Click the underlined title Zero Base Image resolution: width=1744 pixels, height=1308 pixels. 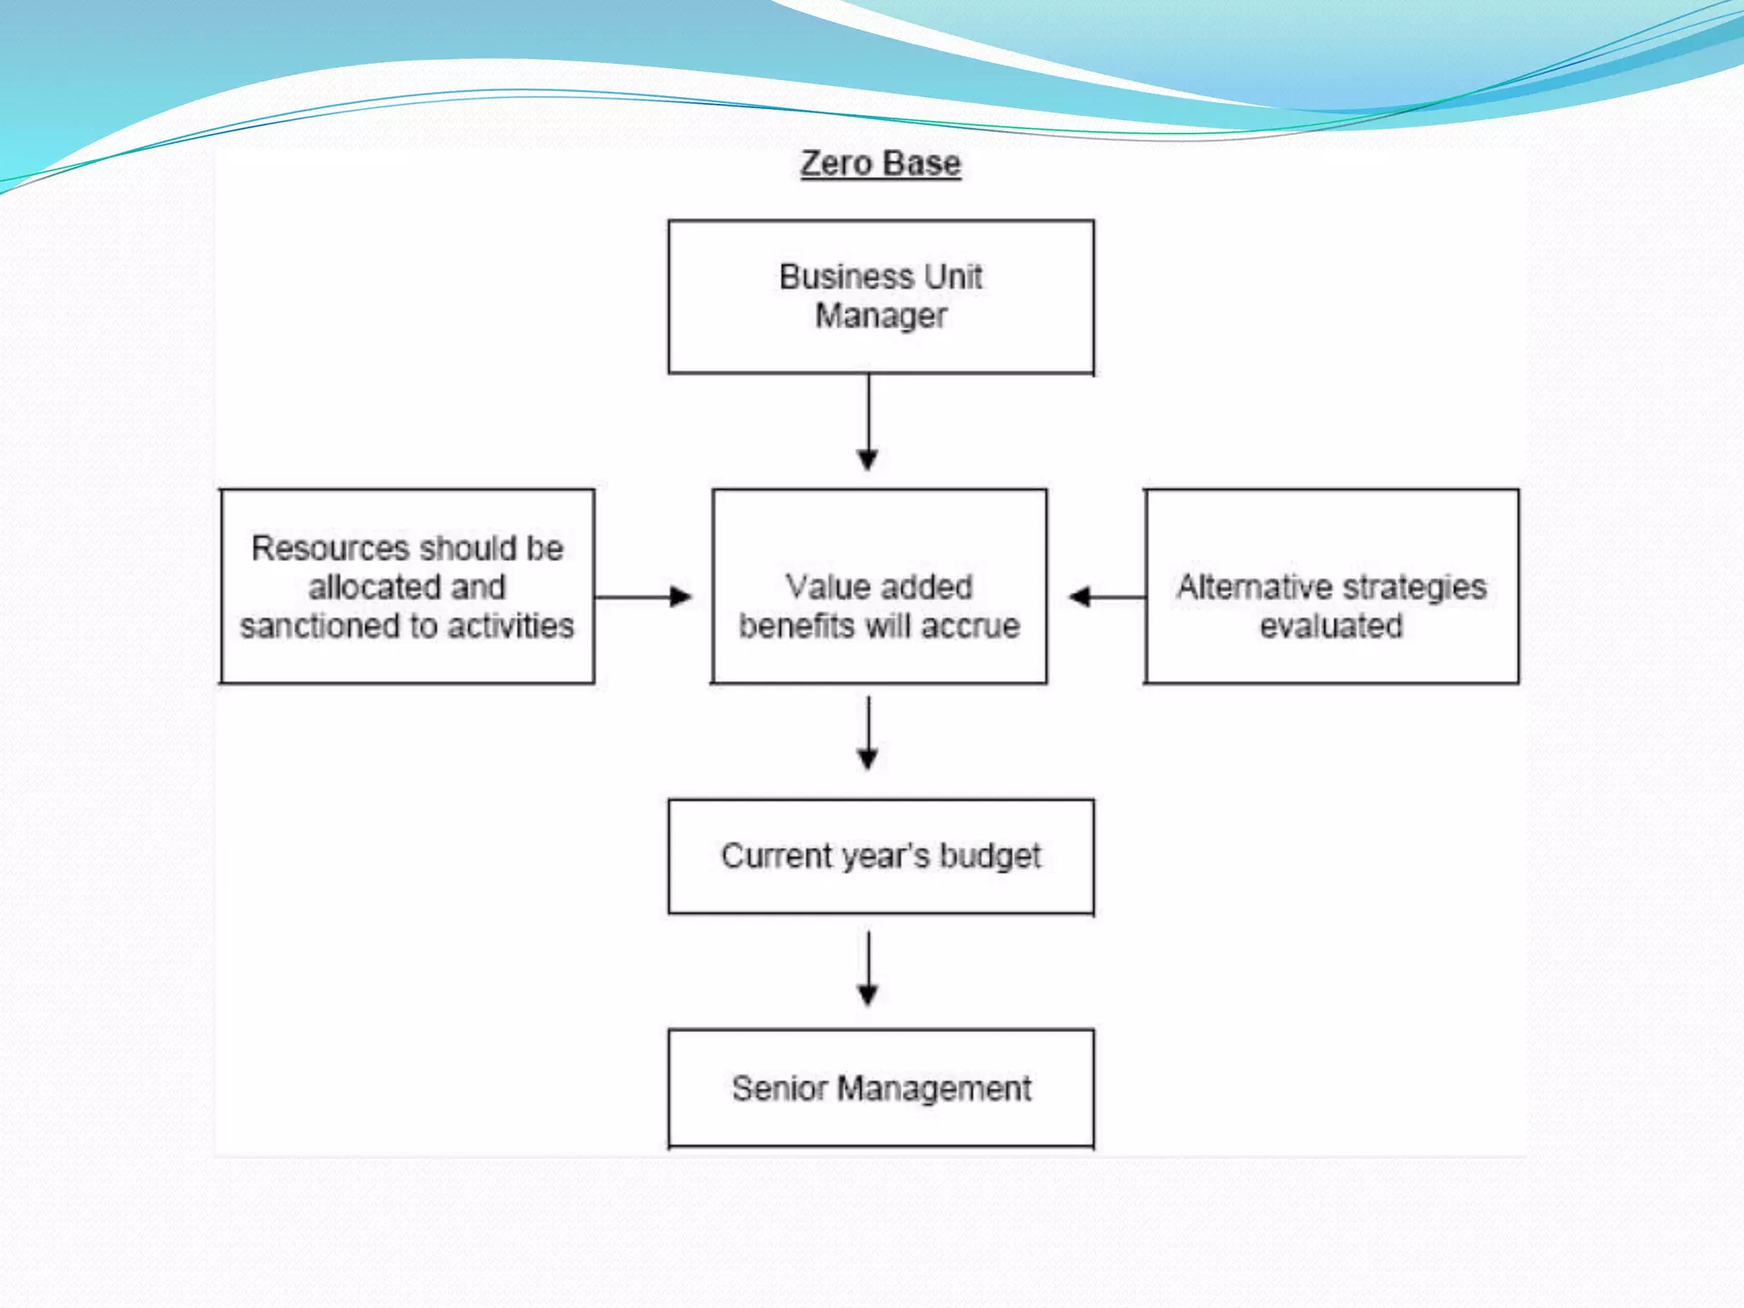click(881, 163)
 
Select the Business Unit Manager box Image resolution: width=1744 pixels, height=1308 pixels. click(881, 296)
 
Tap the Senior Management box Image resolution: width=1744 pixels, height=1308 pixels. click(881, 1088)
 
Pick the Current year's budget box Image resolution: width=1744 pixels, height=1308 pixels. click(881, 856)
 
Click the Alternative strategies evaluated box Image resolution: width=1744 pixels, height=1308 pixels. click(1331, 587)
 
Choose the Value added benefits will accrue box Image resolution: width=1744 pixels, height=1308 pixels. click(879, 587)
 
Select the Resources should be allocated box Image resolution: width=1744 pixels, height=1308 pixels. click(407, 587)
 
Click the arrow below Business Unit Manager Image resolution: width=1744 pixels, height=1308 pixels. click(868, 422)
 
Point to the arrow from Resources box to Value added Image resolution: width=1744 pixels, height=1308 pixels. click(643, 597)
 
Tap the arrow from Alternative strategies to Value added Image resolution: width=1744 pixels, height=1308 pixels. click(1106, 597)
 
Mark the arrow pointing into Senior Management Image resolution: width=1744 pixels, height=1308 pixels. click(868, 969)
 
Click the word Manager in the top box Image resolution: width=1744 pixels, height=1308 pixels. click(881, 317)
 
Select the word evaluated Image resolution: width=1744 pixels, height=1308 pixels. click(1331, 626)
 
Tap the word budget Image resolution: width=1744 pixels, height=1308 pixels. click(990, 857)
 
